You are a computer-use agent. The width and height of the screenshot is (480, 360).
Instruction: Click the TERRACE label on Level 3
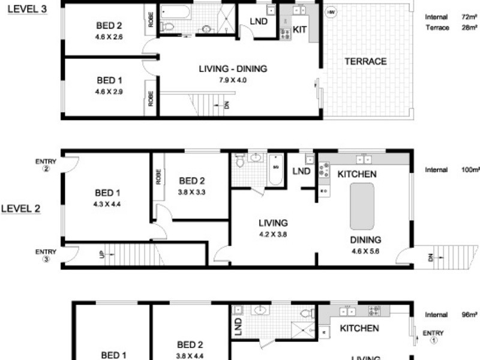tap(365, 61)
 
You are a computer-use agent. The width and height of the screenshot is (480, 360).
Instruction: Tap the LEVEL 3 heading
tap(27, 11)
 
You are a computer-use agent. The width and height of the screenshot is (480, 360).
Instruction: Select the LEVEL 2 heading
tap(20, 209)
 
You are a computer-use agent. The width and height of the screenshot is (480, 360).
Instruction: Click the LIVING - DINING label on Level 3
tap(233, 69)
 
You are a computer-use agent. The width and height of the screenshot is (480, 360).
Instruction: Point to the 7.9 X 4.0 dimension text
tap(233, 80)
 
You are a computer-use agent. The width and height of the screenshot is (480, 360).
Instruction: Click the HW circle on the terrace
tap(331, 12)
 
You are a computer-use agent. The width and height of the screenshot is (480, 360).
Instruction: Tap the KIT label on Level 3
tap(300, 28)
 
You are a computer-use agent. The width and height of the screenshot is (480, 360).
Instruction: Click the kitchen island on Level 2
tap(362, 206)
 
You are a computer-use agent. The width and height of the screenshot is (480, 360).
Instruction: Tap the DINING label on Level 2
tap(365, 240)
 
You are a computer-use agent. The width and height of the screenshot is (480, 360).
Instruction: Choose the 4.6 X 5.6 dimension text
tap(365, 251)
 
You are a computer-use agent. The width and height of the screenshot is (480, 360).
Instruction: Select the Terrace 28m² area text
tap(445, 28)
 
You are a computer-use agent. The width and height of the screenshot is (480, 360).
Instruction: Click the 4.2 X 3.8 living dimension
tap(273, 235)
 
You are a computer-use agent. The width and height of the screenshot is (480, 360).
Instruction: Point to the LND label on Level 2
tap(301, 172)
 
